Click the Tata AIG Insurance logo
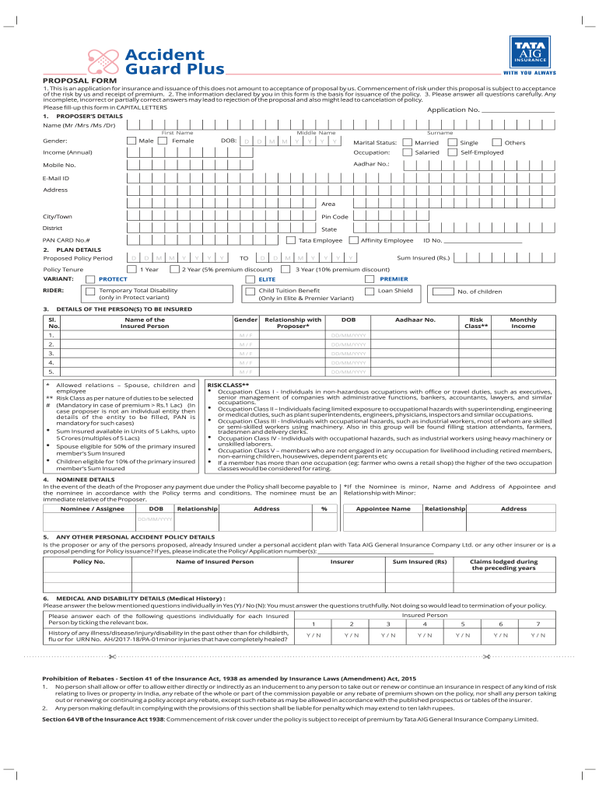coord(534,54)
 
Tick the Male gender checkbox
coord(131,141)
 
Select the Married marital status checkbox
coord(408,142)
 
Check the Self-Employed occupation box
coord(454,152)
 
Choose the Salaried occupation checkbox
coord(408,152)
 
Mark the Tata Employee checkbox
coord(291,240)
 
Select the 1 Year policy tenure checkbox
coord(131,268)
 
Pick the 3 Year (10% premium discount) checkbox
coord(288,268)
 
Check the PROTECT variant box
coord(90,279)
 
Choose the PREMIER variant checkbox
coord(371,279)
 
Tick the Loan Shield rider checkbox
coord(370,292)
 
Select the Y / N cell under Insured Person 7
coord(538,635)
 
